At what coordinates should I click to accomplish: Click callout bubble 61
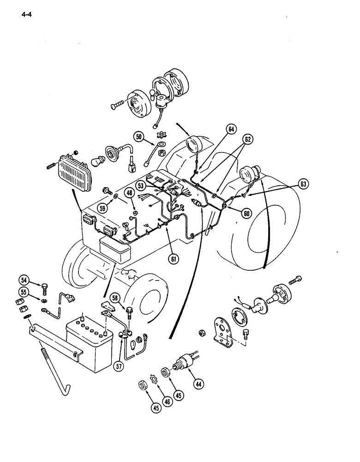pos(174,260)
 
